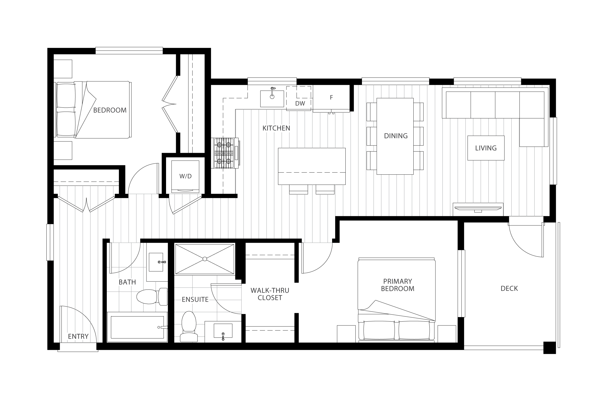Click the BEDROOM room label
click(x=110, y=110)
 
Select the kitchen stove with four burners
click(x=225, y=153)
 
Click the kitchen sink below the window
click(x=272, y=98)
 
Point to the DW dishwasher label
click(x=300, y=103)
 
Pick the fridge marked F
click(x=331, y=99)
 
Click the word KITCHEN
click(x=276, y=128)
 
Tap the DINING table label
click(x=396, y=136)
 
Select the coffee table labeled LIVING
click(x=486, y=148)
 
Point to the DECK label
click(x=509, y=289)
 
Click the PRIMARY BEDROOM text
click(x=398, y=285)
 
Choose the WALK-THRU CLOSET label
click(x=270, y=294)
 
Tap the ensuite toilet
click(x=189, y=326)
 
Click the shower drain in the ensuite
click(x=205, y=259)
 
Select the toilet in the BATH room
click(x=152, y=297)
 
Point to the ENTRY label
click(x=78, y=336)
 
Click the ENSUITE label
click(x=195, y=300)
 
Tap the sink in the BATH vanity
click(x=156, y=262)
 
